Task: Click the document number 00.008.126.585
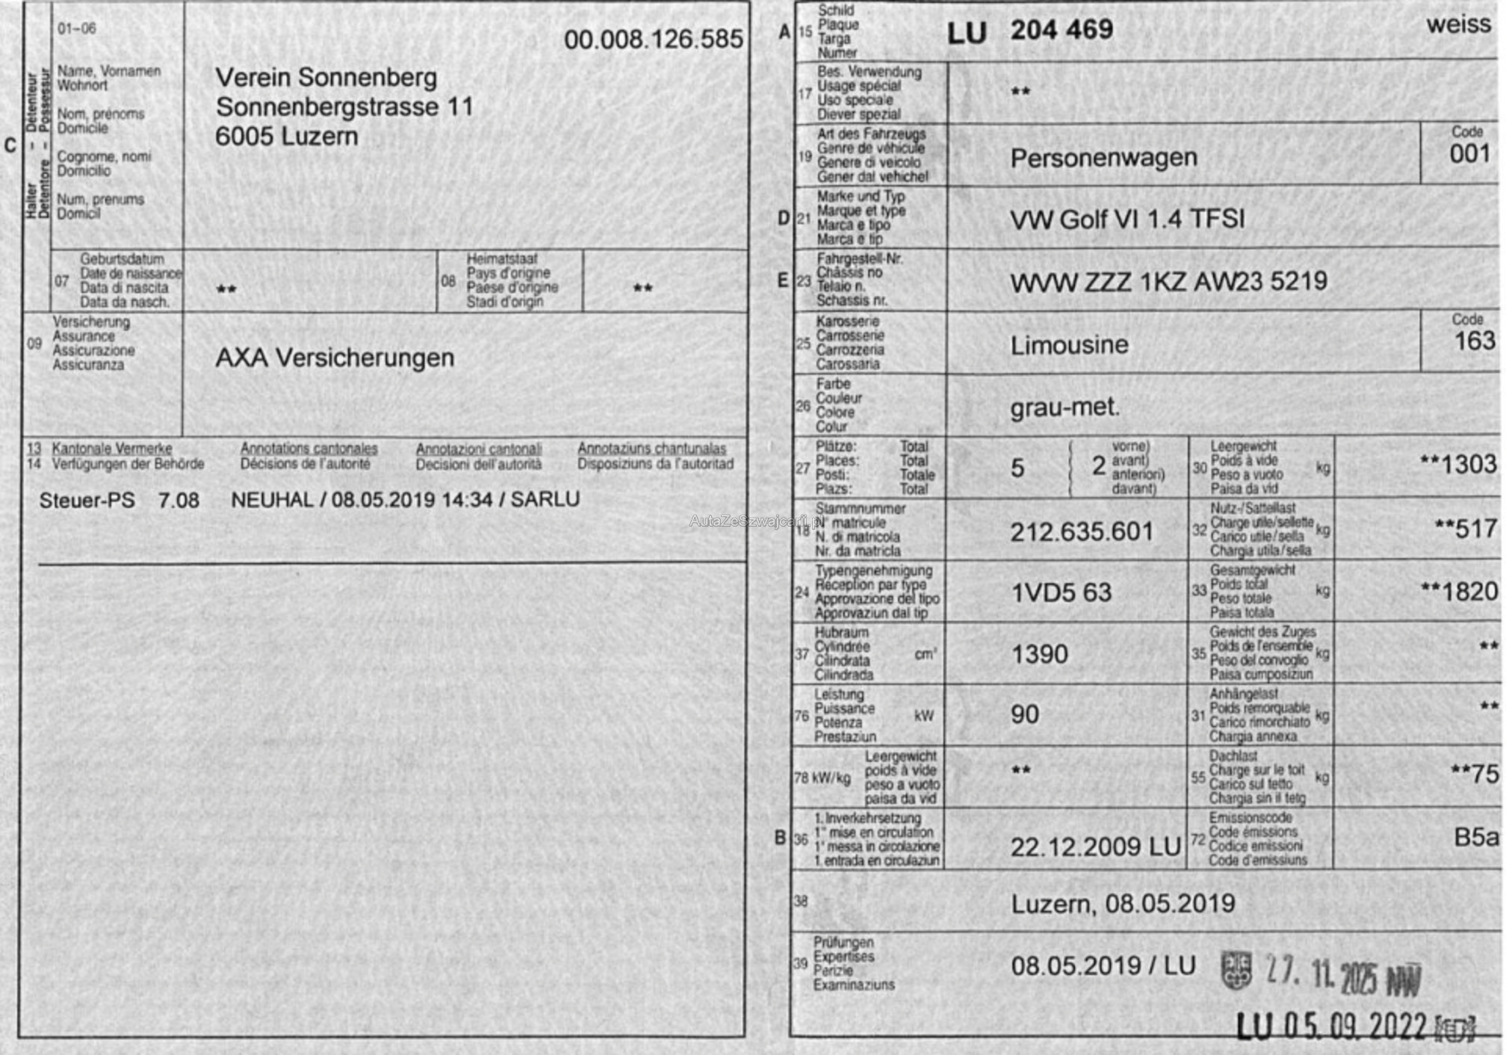pyautogui.click(x=653, y=39)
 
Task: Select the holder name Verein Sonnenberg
pyautogui.click(x=326, y=78)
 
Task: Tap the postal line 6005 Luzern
pyautogui.click(x=287, y=137)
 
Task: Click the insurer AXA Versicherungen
pyautogui.click(x=335, y=358)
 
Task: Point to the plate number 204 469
pyautogui.click(x=1062, y=30)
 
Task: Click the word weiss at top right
pyautogui.click(x=1458, y=24)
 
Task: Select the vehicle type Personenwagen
pyautogui.click(x=1103, y=158)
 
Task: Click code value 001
pyautogui.click(x=1469, y=154)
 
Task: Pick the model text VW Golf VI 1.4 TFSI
pyautogui.click(x=1127, y=220)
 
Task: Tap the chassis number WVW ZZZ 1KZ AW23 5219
pyautogui.click(x=1168, y=282)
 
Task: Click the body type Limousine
pyautogui.click(x=1069, y=345)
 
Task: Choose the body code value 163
pyautogui.click(x=1475, y=341)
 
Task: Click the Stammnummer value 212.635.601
pyautogui.click(x=1082, y=532)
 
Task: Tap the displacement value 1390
pyautogui.click(x=1039, y=655)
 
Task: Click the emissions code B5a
pyautogui.click(x=1475, y=838)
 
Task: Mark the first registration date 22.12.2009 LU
pyautogui.click(x=1095, y=847)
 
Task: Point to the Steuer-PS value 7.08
pyautogui.click(x=179, y=500)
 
